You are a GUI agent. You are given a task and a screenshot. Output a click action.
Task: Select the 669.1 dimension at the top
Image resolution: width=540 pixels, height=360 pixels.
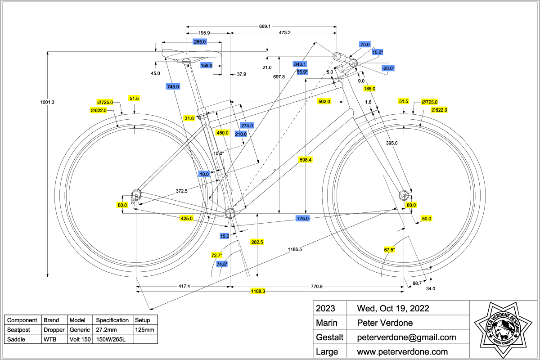point(265,27)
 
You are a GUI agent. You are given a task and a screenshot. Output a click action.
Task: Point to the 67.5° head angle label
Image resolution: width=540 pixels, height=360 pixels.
point(389,250)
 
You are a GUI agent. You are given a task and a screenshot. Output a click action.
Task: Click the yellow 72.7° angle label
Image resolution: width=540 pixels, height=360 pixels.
point(217,256)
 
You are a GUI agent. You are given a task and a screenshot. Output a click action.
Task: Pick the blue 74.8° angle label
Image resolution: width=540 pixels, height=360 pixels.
point(222,264)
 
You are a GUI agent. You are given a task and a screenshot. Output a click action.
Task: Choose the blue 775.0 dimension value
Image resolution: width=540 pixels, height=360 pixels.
point(303,218)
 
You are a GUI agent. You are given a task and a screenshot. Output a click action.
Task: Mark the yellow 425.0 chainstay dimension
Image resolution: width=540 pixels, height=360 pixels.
point(186,218)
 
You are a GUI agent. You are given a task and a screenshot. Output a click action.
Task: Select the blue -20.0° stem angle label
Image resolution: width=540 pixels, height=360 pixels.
point(388,68)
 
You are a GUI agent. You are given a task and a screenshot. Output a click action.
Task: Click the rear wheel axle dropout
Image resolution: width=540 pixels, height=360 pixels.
point(136,194)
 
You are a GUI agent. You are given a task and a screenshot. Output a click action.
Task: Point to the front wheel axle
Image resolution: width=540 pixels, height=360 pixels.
point(403,194)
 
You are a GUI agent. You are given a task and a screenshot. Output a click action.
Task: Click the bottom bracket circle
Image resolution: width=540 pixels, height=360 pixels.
point(230,213)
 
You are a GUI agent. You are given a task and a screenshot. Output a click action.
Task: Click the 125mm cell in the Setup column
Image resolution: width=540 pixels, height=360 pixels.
point(145,330)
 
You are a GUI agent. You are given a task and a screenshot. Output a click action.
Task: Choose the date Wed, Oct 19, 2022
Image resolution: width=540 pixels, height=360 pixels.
point(392,309)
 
